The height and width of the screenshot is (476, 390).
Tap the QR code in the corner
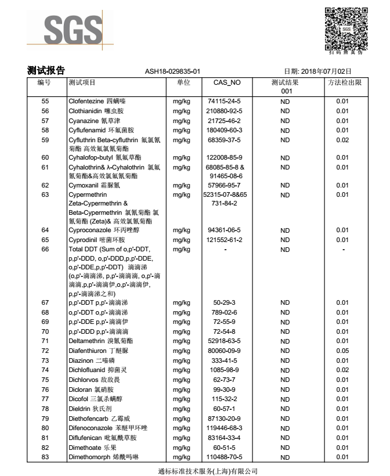346,29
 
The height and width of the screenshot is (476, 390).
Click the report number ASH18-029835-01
172,71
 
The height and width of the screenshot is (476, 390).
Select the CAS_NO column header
226,82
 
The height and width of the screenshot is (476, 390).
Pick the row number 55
45,102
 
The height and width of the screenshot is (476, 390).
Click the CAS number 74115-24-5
225,102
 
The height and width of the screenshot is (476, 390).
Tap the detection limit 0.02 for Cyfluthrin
342,140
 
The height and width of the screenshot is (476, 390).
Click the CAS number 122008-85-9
225,157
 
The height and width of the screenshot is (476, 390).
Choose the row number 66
45,249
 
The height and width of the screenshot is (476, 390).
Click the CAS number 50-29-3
225,302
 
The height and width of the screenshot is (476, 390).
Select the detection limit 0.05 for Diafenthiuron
342,351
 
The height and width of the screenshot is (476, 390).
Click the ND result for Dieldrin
285,409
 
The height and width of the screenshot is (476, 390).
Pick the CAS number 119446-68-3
225,428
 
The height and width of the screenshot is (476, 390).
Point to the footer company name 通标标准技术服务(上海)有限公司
207,471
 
